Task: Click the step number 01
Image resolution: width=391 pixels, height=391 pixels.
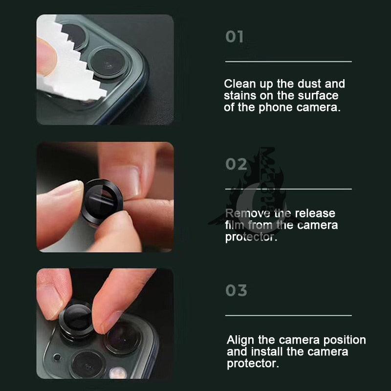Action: tap(234, 37)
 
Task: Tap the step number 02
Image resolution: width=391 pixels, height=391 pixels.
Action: tap(236, 164)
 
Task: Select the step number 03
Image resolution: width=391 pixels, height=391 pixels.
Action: tap(236, 290)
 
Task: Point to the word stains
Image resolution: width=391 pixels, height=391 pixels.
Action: tap(239, 96)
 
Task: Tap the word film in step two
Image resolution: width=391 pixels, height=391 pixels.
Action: tap(235, 225)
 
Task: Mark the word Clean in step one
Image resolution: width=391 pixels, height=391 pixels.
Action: tap(239, 84)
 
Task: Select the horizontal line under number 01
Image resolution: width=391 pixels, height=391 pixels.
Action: tap(288, 62)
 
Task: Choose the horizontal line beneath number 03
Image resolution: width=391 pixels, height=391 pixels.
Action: tap(288, 315)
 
